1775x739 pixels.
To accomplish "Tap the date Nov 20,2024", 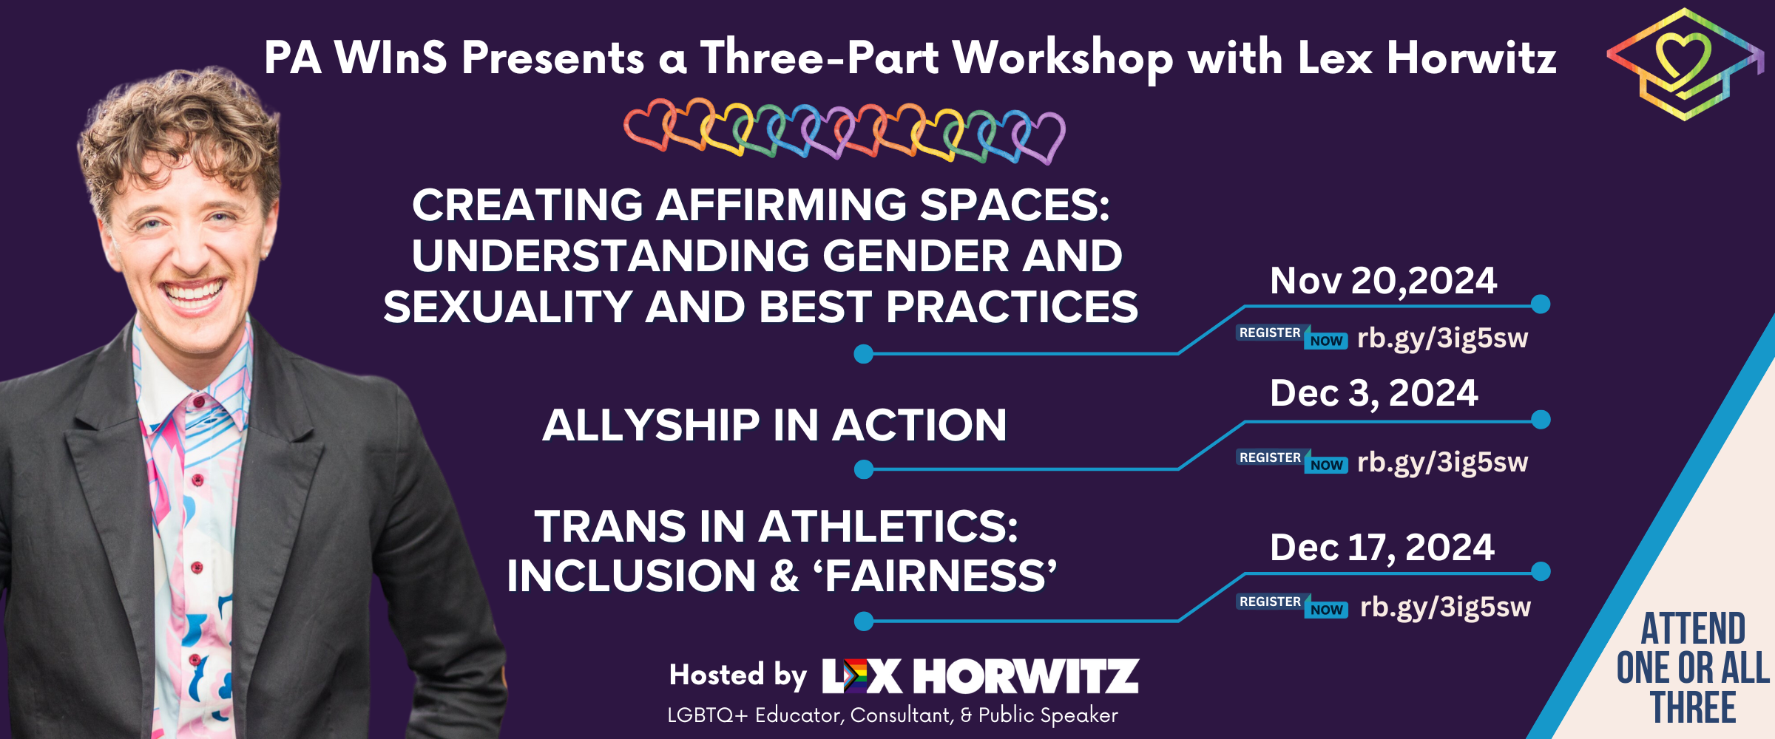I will click(x=1383, y=281).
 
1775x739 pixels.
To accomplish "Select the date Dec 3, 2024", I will click(x=1373, y=393).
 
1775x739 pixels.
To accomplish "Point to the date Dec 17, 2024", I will click(x=1382, y=548).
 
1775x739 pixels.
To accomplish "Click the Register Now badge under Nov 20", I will click(x=1291, y=337).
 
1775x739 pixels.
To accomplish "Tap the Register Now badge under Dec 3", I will click(x=1291, y=461).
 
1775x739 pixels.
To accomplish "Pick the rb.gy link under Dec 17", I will click(x=1445, y=607).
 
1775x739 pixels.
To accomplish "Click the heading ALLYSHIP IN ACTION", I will click(x=774, y=426).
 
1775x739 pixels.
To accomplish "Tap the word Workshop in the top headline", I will click(x=1062, y=58).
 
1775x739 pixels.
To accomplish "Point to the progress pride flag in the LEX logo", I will click(x=855, y=675).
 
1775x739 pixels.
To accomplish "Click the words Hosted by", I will click(x=737, y=675).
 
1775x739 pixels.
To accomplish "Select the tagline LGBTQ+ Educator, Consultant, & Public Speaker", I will click(x=892, y=715).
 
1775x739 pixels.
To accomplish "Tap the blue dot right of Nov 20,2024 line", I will click(x=1541, y=304).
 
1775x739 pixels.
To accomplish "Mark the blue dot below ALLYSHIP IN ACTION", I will click(x=863, y=469).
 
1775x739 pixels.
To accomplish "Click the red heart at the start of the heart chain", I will click(x=647, y=126).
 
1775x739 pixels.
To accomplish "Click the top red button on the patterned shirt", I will click(x=198, y=402).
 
